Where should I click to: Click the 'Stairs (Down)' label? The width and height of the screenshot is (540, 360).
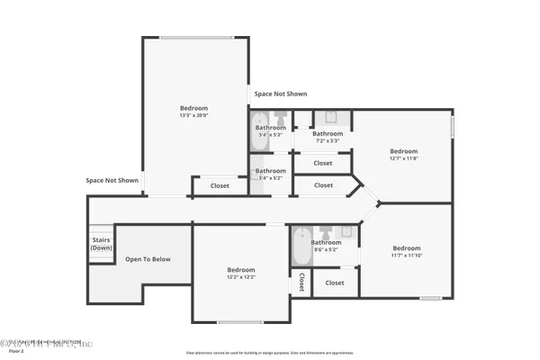(101, 244)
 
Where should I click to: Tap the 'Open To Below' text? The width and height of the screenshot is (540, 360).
(148, 259)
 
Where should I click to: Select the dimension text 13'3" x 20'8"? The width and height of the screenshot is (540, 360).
(193, 115)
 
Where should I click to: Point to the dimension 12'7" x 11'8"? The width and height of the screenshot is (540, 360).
(403, 158)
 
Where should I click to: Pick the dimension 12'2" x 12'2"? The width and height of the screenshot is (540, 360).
(240, 277)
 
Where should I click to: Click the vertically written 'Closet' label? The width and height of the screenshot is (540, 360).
(301, 283)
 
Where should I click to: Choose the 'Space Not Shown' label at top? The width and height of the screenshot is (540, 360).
(280, 94)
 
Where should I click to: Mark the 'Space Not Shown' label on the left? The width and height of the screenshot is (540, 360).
(112, 180)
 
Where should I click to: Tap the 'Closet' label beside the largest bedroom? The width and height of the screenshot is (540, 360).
(220, 186)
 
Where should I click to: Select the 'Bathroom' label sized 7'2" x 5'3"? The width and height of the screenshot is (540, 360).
(328, 133)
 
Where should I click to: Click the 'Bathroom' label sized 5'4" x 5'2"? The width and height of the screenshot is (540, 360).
(270, 171)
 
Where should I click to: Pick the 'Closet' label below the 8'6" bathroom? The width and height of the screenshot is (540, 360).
(335, 283)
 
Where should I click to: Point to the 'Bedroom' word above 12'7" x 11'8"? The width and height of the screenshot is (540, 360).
(403, 151)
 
